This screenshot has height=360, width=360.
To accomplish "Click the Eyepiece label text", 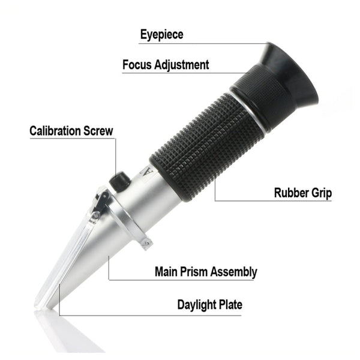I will (161, 34).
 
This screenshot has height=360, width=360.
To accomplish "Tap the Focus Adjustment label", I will (166, 64).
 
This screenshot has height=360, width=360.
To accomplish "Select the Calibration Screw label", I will (71, 131).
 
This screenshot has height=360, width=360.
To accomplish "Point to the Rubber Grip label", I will (302, 193).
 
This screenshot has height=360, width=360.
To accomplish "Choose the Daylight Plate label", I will (209, 304).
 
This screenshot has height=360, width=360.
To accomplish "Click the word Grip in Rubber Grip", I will (321, 193).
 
